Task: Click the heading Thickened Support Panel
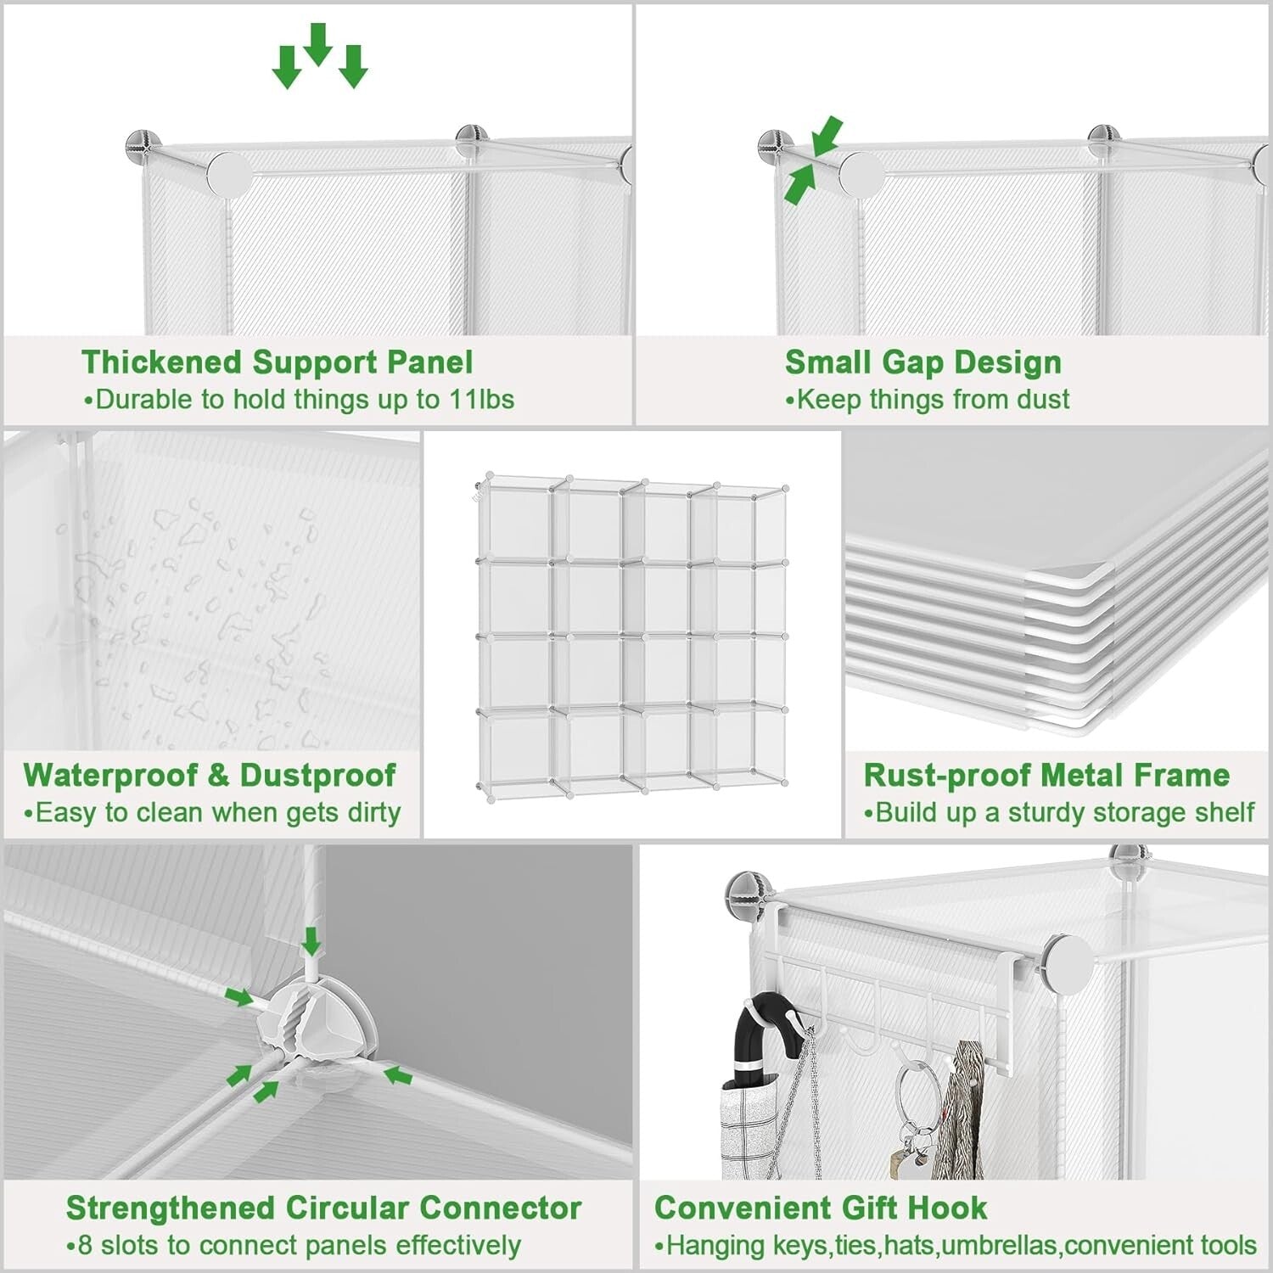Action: [x=277, y=362]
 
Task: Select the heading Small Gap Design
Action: [x=923, y=362]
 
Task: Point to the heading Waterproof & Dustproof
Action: [x=209, y=775]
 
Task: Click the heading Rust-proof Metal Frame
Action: [x=1046, y=775]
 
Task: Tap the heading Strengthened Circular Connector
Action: [x=323, y=1208]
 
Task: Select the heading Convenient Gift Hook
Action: [x=821, y=1208]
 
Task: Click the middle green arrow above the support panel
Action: [x=317, y=44]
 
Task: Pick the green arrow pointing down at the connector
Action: [x=311, y=940]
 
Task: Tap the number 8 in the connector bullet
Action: [x=85, y=1246]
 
